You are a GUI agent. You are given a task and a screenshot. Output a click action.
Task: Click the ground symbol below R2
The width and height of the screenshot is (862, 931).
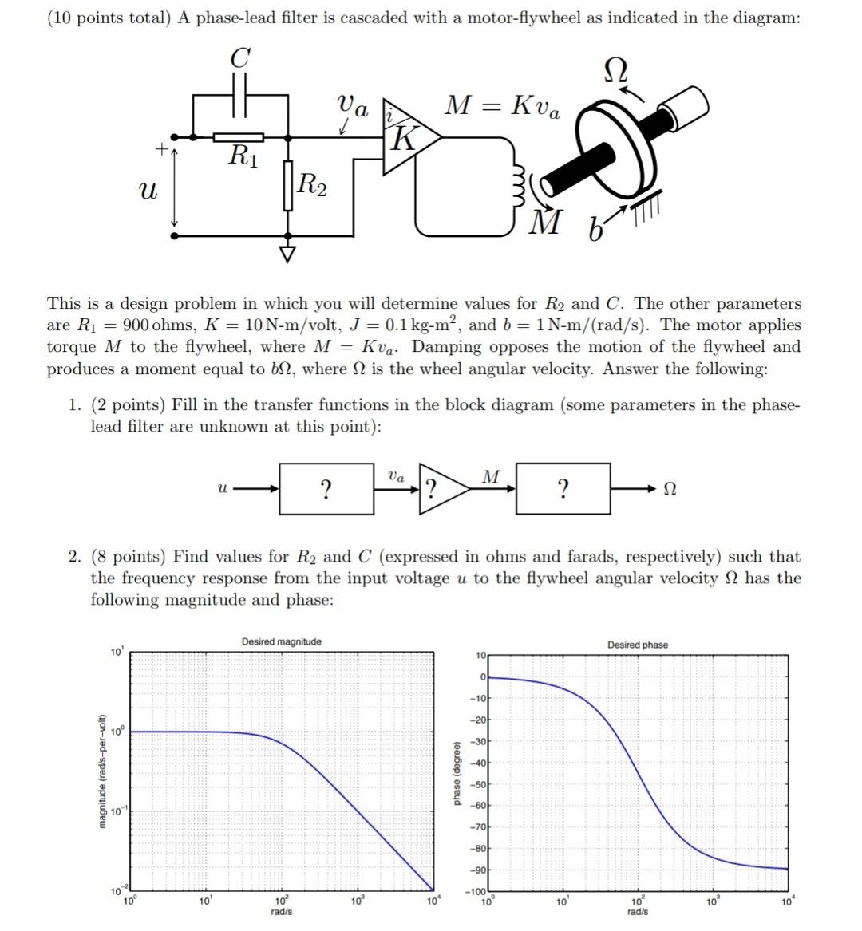coord(287,254)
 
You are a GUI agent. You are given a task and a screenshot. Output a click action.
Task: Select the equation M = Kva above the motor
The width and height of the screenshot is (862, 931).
coord(502,105)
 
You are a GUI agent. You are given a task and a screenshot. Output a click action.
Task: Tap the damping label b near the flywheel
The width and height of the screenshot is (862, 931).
coord(594,231)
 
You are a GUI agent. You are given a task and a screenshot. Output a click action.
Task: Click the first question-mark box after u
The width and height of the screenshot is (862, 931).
coord(326,488)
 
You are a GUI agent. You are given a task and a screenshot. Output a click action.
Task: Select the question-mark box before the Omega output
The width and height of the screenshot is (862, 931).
coord(563,488)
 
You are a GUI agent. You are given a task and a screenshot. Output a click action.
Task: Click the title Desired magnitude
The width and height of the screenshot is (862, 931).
coord(281,641)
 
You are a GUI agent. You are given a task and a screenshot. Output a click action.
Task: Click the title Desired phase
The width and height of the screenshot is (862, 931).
coord(637,645)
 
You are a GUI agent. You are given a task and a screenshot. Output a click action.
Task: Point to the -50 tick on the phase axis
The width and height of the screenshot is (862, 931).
coord(478,785)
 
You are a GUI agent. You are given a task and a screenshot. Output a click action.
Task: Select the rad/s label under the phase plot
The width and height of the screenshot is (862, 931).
coord(637,911)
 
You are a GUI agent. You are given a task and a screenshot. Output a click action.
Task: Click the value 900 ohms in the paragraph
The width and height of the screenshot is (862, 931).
coord(153,325)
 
